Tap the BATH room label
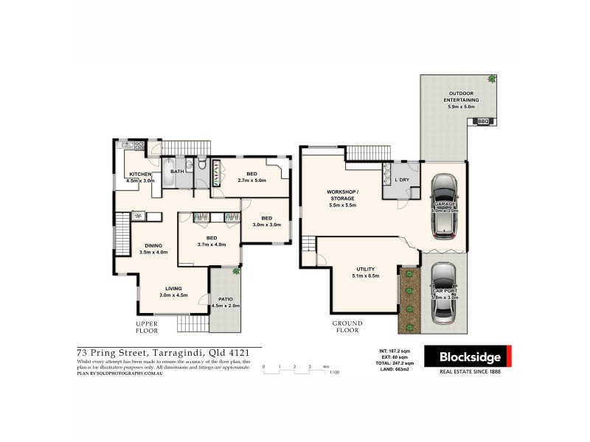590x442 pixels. (177, 172)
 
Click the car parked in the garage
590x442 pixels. (445, 206)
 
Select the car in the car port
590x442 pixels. (445, 295)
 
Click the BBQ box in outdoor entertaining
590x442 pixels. (483, 121)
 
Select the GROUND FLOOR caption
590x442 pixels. (347, 326)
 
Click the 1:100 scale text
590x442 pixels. (335, 372)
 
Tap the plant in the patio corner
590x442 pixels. (236, 272)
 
